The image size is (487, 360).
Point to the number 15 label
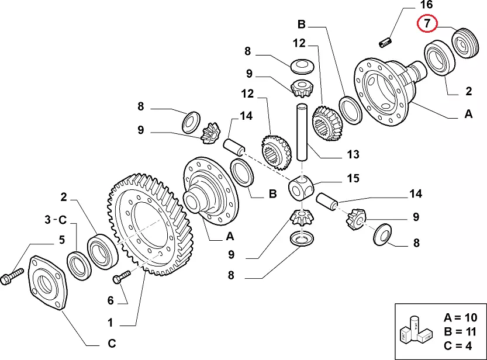point(353,178)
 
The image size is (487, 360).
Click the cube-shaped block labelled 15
point(302,188)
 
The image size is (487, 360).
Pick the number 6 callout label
point(111,300)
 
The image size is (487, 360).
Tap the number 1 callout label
point(111,322)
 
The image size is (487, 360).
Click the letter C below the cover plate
point(111,342)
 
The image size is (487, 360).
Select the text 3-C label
point(56,219)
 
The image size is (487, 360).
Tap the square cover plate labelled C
point(47,283)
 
